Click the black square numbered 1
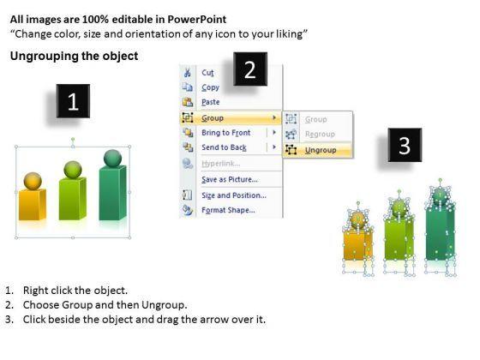(x=73, y=101)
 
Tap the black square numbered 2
(x=250, y=69)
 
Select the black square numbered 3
(x=405, y=145)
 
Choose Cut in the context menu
(x=207, y=73)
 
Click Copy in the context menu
(x=210, y=87)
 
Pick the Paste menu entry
(x=210, y=102)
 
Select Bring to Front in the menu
(x=226, y=133)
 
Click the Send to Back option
(x=224, y=147)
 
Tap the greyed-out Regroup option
(x=320, y=134)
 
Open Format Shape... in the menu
(x=228, y=210)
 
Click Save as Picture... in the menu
(x=230, y=179)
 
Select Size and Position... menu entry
(x=234, y=195)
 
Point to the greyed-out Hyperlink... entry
(x=221, y=164)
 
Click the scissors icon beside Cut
(x=188, y=73)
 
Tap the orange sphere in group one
(x=33, y=181)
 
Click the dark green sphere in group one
(x=112, y=159)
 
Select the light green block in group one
(x=73, y=198)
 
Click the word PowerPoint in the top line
(x=197, y=19)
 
